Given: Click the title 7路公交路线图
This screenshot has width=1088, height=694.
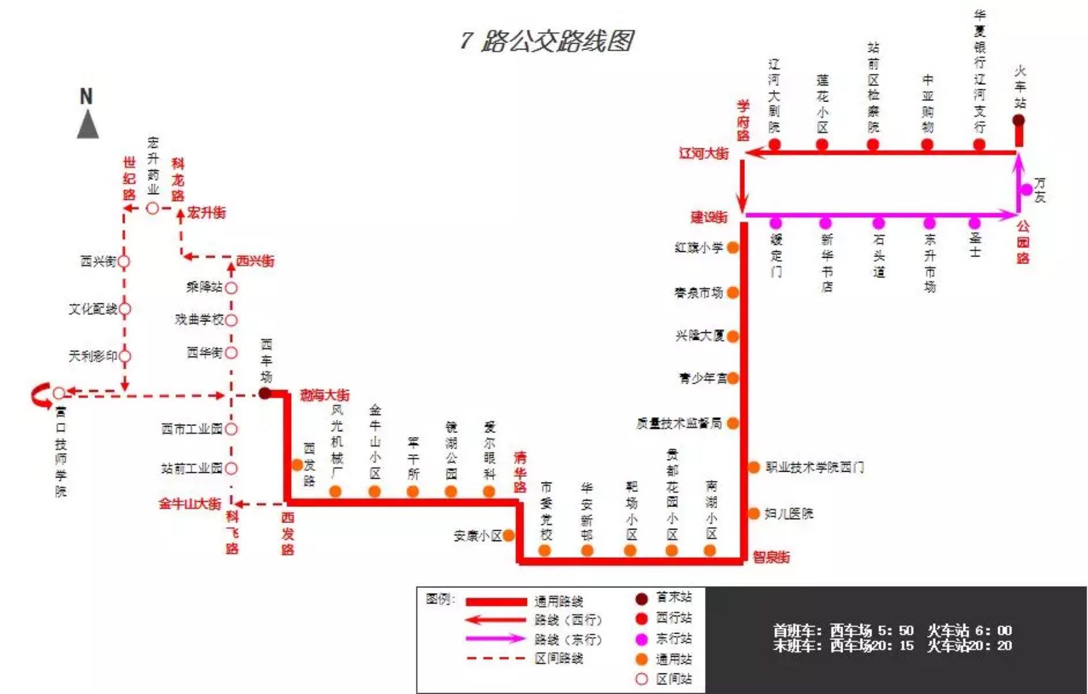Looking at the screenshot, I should coord(547,40).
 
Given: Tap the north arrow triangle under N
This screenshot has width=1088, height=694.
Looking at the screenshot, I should coord(88,125).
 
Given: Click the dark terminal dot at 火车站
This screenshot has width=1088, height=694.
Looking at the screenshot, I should coord(1019,120).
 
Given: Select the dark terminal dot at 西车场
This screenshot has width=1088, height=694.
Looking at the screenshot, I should coord(265,393).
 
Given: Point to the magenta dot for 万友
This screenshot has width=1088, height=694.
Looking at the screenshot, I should coord(1026,190).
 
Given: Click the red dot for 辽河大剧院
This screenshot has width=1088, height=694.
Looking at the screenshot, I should coord(774,144).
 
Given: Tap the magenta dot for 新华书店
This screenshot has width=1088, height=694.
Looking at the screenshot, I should coord(826,223).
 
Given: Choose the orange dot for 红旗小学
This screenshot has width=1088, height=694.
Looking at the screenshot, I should coord(733,247).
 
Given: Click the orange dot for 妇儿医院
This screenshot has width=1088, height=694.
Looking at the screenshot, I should coord(754,513).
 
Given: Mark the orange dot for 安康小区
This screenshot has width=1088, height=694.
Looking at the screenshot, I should coord(508,535).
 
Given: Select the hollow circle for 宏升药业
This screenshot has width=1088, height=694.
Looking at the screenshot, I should coord(152,208).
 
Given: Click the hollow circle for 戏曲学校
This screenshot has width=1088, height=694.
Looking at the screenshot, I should coord(231,320).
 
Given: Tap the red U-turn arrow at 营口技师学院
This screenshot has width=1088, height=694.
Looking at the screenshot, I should coord(40,395).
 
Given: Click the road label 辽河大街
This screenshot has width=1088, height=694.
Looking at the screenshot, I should coord(704,154).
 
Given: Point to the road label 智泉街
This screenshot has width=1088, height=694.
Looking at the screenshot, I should coord(771,557).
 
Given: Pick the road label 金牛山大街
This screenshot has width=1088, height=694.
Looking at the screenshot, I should coord(190,504).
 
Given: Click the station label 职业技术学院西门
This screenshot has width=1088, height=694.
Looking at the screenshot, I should coord(814,467).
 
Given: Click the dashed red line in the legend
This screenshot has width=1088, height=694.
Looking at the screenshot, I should coord(496,658).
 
